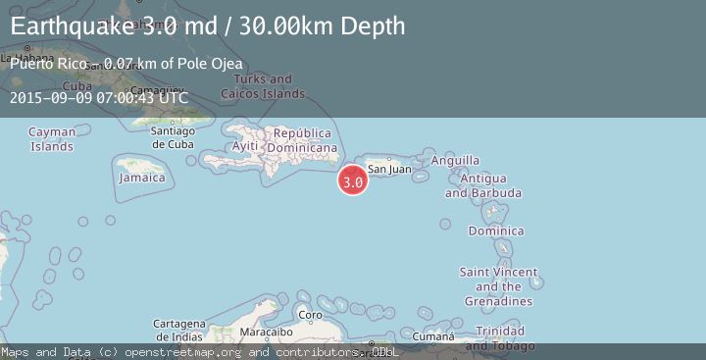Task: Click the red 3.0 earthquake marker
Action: [x=353, y=180]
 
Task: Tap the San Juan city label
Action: [x=389, y=169]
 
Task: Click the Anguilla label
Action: [x=455, y=160]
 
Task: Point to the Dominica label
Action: [x=489, y=231]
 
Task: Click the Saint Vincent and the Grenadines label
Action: [x=498, y=286]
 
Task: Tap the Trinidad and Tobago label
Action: [x=499, y=338]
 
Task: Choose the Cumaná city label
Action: [x=432, y=337]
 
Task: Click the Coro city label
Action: [x=310, y=315]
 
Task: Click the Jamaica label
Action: [x=142, y=179]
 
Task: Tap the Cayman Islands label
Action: [x=52, y=139]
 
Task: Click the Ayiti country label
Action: [x=243, y=146]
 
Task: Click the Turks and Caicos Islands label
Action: [x=263, y=86]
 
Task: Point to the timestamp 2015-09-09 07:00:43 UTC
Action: [x=98, y=97]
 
